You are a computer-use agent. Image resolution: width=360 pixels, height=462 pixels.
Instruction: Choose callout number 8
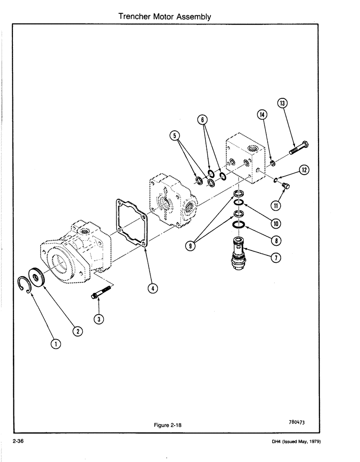click(276, 240)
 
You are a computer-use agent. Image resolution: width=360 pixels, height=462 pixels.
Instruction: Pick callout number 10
click(276, 224)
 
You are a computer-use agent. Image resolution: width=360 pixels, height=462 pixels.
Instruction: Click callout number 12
click(304, 170)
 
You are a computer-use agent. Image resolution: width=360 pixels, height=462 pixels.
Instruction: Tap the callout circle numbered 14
click(261, 115)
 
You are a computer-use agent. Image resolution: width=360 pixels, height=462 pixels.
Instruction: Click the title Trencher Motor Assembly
click(165, 17)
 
